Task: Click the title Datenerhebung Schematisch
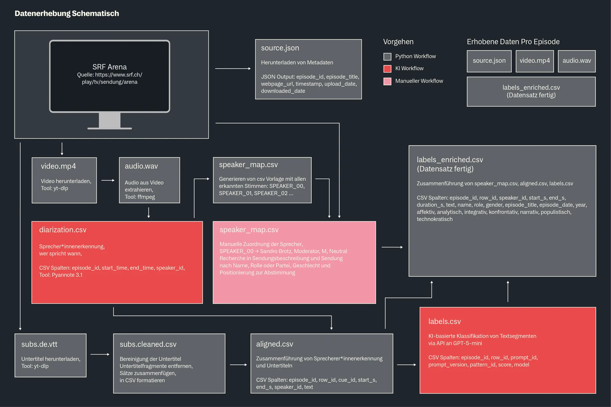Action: (67, 13)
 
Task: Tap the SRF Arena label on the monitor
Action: (109, 67)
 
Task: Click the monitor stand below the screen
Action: (110, 121)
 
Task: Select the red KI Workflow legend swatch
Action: (387, 69)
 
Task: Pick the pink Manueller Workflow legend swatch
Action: (387, 81)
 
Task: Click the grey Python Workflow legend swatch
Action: (387, 57)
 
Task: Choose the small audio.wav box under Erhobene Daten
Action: (577, 61)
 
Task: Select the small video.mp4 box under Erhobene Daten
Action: (535, 61)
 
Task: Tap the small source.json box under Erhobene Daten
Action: (489, 61)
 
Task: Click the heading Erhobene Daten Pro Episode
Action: (513, 42)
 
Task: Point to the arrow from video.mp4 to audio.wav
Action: (108, 180)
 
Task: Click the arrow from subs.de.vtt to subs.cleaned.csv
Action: (100, 354)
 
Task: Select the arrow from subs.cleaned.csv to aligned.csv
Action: (238, 365)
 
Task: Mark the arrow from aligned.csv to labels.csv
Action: (407, 365)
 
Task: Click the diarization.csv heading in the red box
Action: (63, 230)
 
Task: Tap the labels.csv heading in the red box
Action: (445, 321)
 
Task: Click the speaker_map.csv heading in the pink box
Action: (249, 230)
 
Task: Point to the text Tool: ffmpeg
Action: (140, 197)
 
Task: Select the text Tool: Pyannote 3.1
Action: (61, 275)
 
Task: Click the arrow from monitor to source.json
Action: (233, 68)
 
